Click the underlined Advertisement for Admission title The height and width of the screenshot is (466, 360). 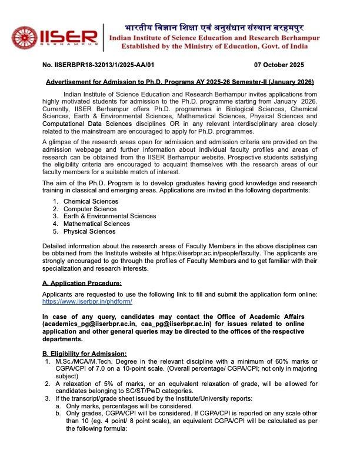pos(180,81)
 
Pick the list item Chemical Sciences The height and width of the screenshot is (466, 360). pos(91,201)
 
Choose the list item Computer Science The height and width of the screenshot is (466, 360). pos(90,209)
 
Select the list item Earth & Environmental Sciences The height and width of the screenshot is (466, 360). pos(109,216)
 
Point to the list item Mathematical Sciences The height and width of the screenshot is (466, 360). pos(96,224)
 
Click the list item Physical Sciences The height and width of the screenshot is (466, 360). pos(89,231)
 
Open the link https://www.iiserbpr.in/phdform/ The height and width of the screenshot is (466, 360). pos(87,301)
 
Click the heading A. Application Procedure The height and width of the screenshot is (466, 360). pos(82,283)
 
